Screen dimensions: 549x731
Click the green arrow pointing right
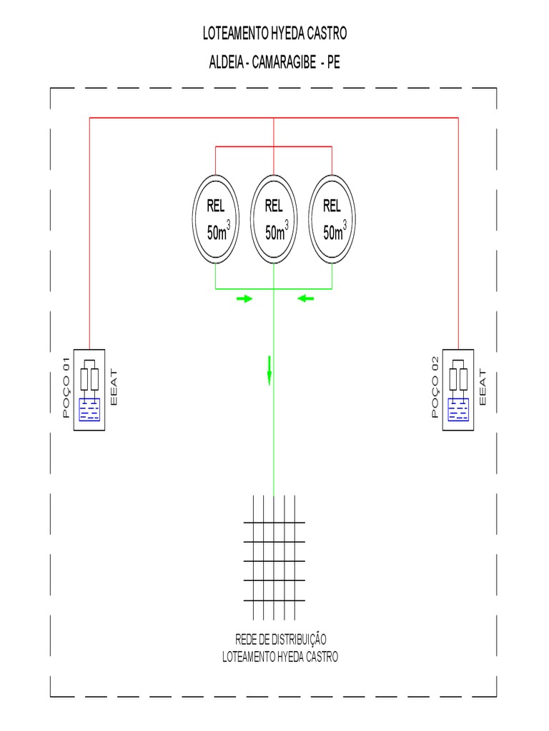tap(244, 299)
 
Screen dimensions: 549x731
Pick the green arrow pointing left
tap(306, 299)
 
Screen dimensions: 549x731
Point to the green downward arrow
tap(269, 370)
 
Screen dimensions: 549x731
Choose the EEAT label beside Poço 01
tap(114, 388)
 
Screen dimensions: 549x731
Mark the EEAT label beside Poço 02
tap(481, 388)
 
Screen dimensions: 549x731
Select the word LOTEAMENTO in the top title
tap(233, 34)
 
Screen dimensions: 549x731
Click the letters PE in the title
tap(333, 62)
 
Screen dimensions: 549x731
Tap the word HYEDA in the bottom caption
tap(294, 656)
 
